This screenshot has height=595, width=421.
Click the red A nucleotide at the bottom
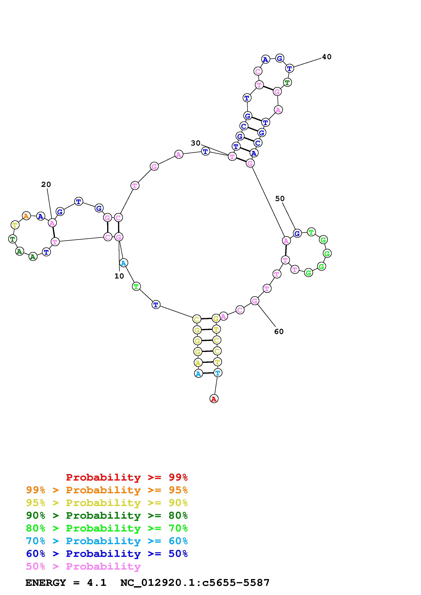coord(214,399)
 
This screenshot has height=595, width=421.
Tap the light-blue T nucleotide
coord(218,373)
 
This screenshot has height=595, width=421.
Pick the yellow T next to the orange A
coord(15,225)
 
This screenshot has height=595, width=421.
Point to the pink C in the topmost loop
coord(258,71)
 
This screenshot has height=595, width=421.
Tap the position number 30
coord(196,143)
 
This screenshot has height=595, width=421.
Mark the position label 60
coord(279,331)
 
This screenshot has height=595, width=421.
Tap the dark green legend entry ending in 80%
coord(107,515)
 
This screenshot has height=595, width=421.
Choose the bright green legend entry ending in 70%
coord(107,528)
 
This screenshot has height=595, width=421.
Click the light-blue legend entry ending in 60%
coord(107,541)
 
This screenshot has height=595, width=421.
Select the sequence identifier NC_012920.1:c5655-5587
coord(195,583)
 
